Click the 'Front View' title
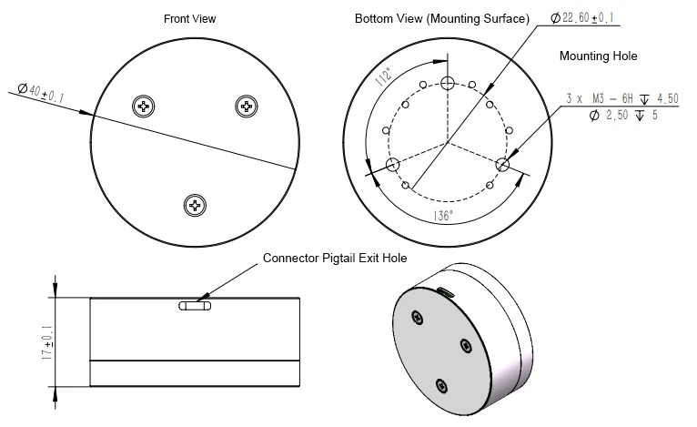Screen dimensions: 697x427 coord(190,19)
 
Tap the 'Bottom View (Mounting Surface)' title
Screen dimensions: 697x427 coord(442,19)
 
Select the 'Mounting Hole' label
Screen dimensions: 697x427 coord(599,56)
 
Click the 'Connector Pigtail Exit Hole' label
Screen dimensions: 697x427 coord(335,258)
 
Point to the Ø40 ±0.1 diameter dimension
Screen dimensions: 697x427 coord(41,93)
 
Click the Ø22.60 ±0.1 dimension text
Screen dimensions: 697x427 coord(581,18)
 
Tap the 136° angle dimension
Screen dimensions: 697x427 coord(443,216)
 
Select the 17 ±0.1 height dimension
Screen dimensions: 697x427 coord(47,342)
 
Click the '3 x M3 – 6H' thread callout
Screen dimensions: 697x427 coord(600,98)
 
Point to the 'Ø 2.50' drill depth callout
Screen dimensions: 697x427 coord(608,116)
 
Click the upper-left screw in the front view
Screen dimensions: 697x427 coord(144,107)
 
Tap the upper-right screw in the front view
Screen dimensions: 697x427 coord(247,107)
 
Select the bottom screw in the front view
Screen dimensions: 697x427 coord(195,206)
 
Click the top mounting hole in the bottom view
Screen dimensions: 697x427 coord(448,83)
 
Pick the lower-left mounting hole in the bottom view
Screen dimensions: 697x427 coord(392,165)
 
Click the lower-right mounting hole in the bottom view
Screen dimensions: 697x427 coord(502,165)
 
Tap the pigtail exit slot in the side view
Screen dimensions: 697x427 coord(195,306)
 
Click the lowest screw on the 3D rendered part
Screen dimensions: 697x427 coord(441,386)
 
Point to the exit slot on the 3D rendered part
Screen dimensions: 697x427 coord(445,292)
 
